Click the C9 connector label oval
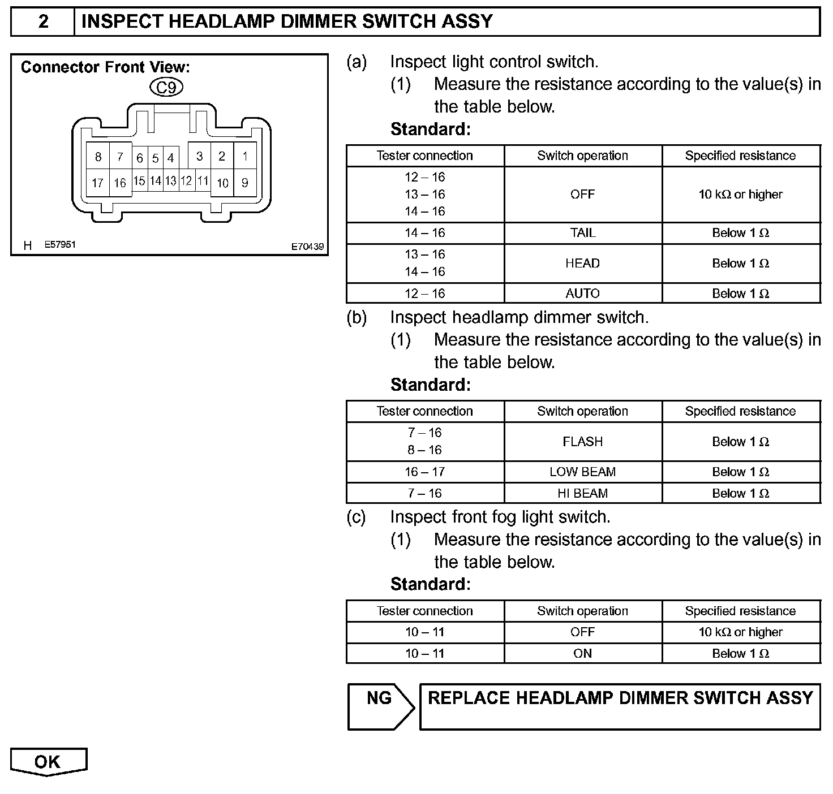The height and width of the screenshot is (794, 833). point(166,87)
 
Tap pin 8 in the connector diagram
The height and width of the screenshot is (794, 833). point(98,157)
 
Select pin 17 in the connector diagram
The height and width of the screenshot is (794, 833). point(97,183)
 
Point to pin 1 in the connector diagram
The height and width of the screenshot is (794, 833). point(245,156)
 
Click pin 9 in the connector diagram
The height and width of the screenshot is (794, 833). point(245,183)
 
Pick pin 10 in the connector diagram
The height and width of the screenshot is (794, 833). point(222,183)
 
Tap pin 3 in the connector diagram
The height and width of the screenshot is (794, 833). point(199,156)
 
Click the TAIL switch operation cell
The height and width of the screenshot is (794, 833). point(583,233)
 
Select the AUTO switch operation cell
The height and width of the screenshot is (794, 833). point(583,294)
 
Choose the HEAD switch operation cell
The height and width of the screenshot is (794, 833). point(583,264)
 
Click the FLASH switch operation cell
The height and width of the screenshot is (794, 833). point(583,442)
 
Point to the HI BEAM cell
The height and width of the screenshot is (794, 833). point(583,493)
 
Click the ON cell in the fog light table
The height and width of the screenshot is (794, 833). point(583,654)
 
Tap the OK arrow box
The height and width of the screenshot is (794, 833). point(48,762)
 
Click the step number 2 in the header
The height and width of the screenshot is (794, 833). point(43,22)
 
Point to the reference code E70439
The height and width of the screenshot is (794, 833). point(307,247)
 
